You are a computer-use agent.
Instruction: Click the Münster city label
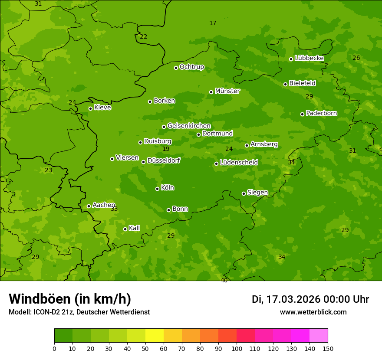click(227, 91)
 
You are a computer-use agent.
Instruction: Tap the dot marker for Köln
click(157, 189)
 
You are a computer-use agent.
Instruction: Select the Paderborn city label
click(322, 113)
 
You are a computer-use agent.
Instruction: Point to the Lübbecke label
click(309, 58)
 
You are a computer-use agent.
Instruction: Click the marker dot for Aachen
click(89, 206)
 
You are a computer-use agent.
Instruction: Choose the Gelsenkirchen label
click(189, 126)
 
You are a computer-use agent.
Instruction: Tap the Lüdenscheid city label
click(239, 163)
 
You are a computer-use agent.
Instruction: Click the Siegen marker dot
click(244, 193)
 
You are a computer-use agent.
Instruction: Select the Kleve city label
click(102, 108)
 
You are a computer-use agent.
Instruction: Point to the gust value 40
click(224, 280)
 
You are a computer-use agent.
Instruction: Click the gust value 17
click(213, 23)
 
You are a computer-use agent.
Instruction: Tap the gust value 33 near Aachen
click(114, 209)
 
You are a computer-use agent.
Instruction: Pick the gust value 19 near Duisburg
click(166, 149)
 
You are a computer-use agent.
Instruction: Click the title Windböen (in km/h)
click(70, 299)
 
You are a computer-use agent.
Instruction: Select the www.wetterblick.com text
click(313, 312)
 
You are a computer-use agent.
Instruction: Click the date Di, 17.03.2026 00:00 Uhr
click(310, 299)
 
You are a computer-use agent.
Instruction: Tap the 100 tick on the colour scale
click(237, 348)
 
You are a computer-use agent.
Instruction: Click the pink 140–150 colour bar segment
click(319, 336)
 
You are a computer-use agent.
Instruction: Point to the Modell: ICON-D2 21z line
click(79, 312)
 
